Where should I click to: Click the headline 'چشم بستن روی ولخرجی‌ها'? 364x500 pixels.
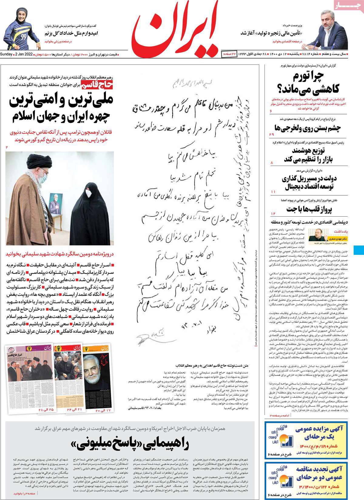click(308, 128)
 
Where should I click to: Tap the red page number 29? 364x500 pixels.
click(271, 134)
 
